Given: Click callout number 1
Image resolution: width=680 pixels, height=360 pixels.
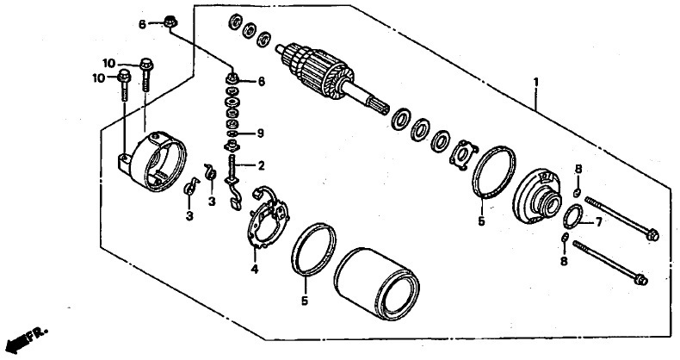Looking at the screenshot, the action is pyautogui.click(x=536, y=82).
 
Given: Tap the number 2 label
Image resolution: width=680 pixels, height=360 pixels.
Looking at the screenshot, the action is pyautogui.click(x=261, y=165).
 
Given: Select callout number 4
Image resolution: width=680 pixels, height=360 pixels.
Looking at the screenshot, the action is pyautogui.click(x=255, y=270).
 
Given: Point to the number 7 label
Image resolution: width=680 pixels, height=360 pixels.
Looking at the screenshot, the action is pyautogui.click(x=598, y=222).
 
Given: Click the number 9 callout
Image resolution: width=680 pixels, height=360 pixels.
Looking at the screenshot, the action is pyautogui.click(x=260, y=133).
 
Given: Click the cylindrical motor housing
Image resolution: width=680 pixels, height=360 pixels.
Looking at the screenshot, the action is pyautogui.click(x=376, y=284).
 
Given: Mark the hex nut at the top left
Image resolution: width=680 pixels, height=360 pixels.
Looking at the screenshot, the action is pyautogui.click(x=169, y=21).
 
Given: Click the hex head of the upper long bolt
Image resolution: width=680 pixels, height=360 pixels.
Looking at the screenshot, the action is pyautogui.click(x=652, y=235).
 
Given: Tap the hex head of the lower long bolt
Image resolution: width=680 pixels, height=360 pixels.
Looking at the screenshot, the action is pyautogui.click(x=640, y=280).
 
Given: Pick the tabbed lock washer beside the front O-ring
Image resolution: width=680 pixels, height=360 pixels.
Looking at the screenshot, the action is pyautogui.click(x=463, y=154).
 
